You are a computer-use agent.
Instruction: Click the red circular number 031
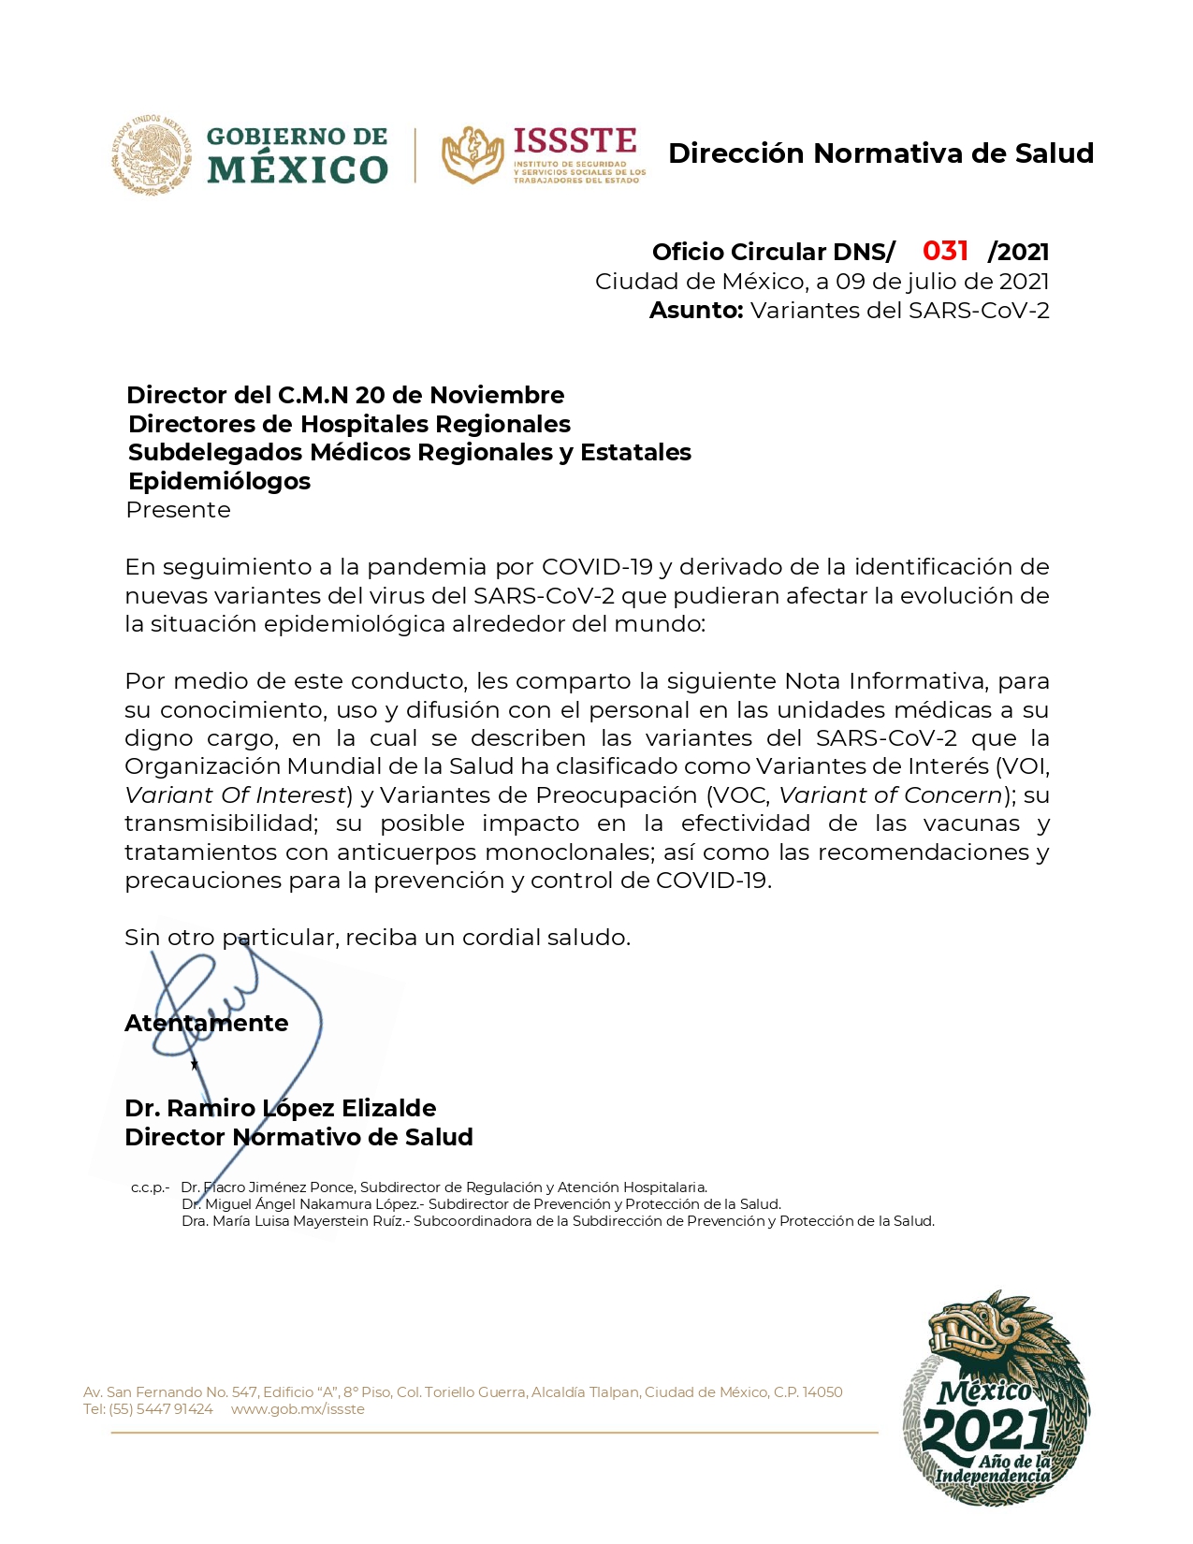tap(945, 251)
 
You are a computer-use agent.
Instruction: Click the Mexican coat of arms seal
tap(152, 155)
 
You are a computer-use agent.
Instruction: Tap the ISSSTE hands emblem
tap(473, 154)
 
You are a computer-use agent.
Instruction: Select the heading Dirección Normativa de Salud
tap(880, 153)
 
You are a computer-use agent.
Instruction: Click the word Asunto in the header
tap(695, 311)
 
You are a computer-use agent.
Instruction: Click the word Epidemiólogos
tap(219, 481)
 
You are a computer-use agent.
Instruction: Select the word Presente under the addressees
tap(178, 510)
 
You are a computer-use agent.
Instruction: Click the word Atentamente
tap(206, 1023)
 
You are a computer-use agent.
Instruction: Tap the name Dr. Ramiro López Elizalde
tap(280, 1108)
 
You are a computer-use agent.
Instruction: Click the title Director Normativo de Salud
tap(298, 1137)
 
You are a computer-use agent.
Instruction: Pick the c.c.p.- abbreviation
tap(150, 1187)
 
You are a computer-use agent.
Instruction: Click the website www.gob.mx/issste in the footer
tap(298, 1409)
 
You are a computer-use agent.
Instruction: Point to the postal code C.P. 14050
tap(807, 1392)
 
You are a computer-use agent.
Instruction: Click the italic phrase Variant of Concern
tap(891, 795)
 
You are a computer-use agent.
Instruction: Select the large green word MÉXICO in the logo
tap(297, 170)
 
